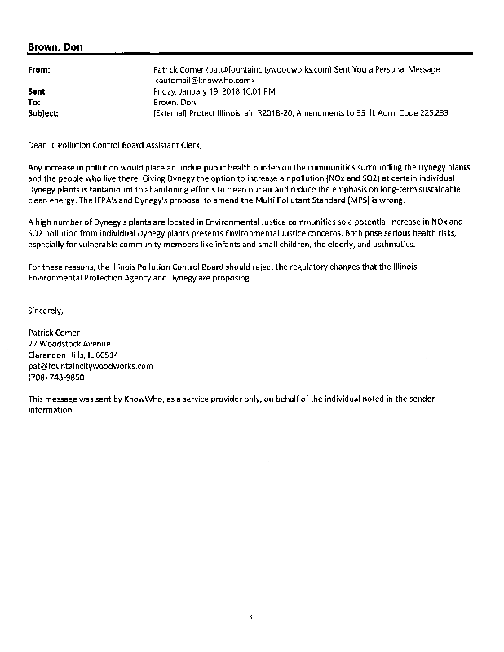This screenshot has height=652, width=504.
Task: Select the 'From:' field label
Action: tap(40, 71)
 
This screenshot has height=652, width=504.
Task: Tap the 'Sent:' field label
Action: tap(38, 92)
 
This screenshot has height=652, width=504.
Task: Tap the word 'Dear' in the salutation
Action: tap(37, 143)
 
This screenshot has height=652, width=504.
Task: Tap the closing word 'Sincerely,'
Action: tap(44, 310)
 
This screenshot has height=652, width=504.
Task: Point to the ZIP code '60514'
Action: tap(106, 355)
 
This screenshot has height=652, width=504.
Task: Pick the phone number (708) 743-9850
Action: tap(56, 377)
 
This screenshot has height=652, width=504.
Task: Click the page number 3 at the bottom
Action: tap(251, 616)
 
